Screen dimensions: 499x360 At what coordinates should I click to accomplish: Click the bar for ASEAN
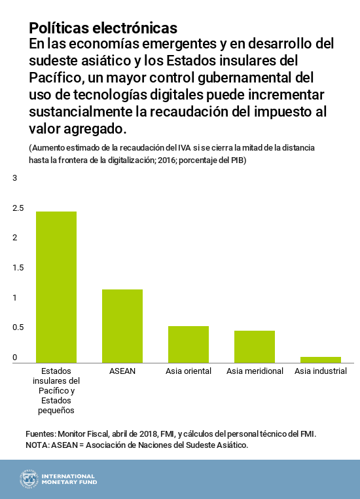[x=122, y=325]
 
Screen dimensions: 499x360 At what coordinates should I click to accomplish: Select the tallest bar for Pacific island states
[x=56, y=287]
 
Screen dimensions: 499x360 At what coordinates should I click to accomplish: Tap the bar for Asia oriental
[x=188, y=344]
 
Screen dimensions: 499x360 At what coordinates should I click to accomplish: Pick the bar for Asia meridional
[x=255, y=346]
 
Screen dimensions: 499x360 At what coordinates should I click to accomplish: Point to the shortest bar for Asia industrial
[x=321, y=360]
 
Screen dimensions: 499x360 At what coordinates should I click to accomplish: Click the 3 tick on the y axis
[x=14, y=178]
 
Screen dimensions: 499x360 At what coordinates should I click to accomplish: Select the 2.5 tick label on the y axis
[x=18, y=208]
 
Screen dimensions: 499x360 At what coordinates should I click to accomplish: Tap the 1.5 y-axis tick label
[x=18, y=268]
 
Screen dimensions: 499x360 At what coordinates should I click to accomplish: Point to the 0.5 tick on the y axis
[x=18, y=327]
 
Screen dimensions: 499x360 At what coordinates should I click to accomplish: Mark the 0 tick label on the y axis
[x=14, y=358]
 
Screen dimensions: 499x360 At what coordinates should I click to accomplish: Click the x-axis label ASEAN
[x=122, y=371]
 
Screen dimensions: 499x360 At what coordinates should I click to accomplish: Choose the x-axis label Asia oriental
[x=188, y=371]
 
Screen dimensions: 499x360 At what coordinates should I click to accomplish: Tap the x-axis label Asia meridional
[x=255, y=371]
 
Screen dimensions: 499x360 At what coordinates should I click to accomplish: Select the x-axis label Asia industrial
[x=321, y=371]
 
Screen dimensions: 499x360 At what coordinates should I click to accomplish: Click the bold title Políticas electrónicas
[x=103, y=28]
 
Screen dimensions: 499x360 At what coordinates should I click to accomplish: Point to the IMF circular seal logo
[x=29, y=479]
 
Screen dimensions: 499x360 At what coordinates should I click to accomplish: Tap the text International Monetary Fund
[x=68, y=479]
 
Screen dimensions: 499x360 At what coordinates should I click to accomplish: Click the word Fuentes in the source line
[x=41, y=434]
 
